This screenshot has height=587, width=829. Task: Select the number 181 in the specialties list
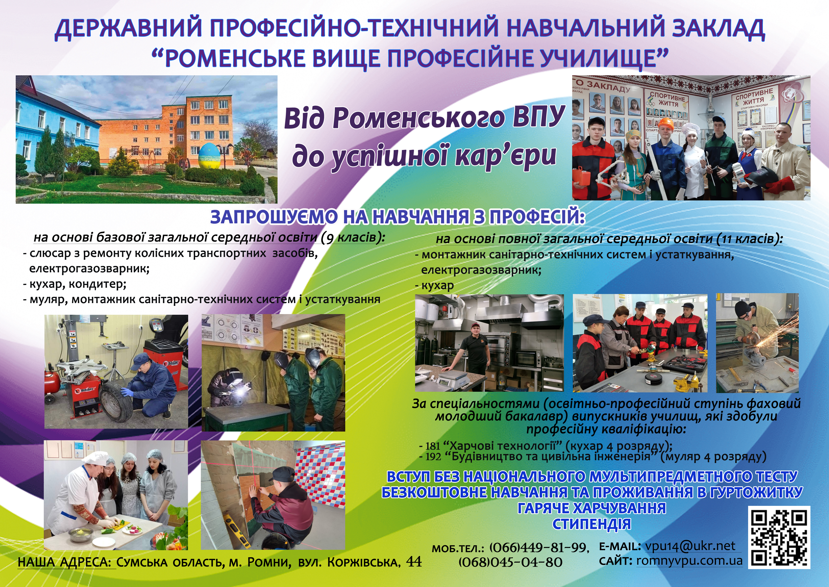(x=433, y=446)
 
